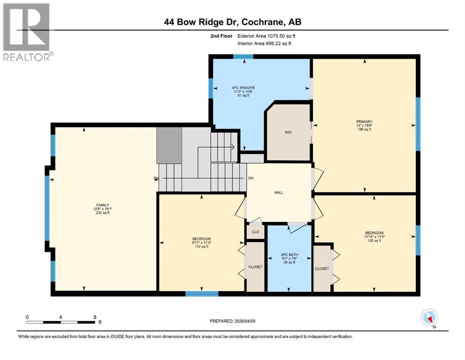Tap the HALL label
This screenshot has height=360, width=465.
pyautogui.click(x=279, y=192)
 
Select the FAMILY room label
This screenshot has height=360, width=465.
pyautogui.click(x=103, y=205)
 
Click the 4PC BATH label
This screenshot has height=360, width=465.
pyautogui.click(x=289, y=255)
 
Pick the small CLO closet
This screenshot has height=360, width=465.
pyautogui.click(x=255, y=232)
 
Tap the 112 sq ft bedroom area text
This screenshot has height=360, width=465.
pyautogui.click(x=201, y=247)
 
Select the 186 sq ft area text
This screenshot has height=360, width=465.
pyautogui.click(x=364, y=129)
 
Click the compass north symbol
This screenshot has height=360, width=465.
pyautogui.click(x=429, y=318)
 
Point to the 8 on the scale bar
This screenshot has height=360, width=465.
pyautogui.click(x=95, y=317)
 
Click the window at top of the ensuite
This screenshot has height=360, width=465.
pyautogui.click(x=243, y=57)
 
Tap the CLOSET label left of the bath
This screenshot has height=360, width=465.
pyautogui.click(x=255, y=267)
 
